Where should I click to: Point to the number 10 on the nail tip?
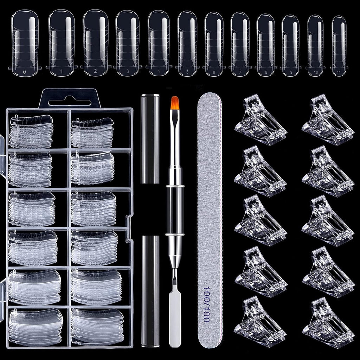pos(315,72)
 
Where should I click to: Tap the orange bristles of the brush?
pos(175,103)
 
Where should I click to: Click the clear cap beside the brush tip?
pos(150,139)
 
